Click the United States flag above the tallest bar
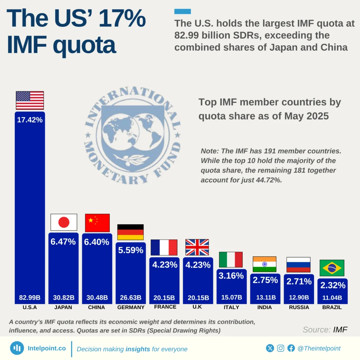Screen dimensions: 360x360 click(x=30, y=100)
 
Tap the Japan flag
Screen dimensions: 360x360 click(x=64, y=222)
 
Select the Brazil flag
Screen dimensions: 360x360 click(x=332, y=268)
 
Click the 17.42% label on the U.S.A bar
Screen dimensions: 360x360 click(x=30, y=120)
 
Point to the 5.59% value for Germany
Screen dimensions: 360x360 click(x=130, y=250)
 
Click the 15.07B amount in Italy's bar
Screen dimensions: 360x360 click(x=231, y=298)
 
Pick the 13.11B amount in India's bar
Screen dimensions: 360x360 click(x=264, y=298)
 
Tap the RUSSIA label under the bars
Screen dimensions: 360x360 click(x=299, y=307)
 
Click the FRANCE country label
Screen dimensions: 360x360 click(x=165, y=307)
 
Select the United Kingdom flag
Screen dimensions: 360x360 click(x=197, y=247)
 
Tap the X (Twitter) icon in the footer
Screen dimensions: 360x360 click(x=270, y=348)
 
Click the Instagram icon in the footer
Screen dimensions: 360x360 click(x=281, y=348)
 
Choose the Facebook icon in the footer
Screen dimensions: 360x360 click(x=291, y=348)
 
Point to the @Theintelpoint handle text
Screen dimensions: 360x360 click(x=319, y=348)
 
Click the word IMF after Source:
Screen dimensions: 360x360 click(x=340, y=330)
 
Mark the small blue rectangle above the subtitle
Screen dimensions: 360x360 click(x=182, y=12)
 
